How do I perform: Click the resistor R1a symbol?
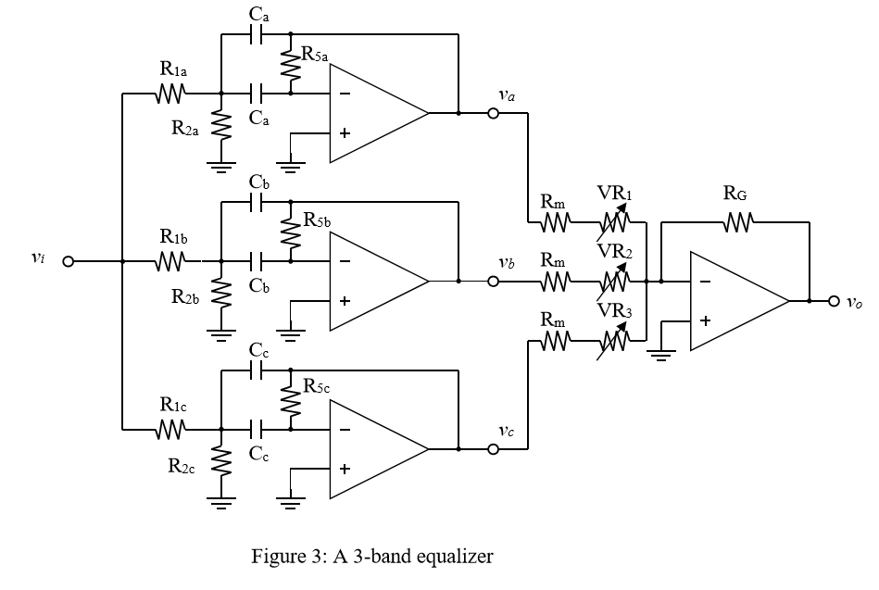171,93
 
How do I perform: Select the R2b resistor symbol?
220,294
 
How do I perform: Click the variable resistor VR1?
612,221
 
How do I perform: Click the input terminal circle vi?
68,261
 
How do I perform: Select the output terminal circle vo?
834,301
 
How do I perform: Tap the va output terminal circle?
493,114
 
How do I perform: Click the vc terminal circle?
493,449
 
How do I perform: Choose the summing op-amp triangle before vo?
736,301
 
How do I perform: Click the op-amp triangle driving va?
375,114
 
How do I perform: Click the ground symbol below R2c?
220,502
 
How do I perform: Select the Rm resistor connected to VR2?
554,281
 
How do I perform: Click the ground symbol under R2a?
220,167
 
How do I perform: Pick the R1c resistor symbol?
171,429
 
